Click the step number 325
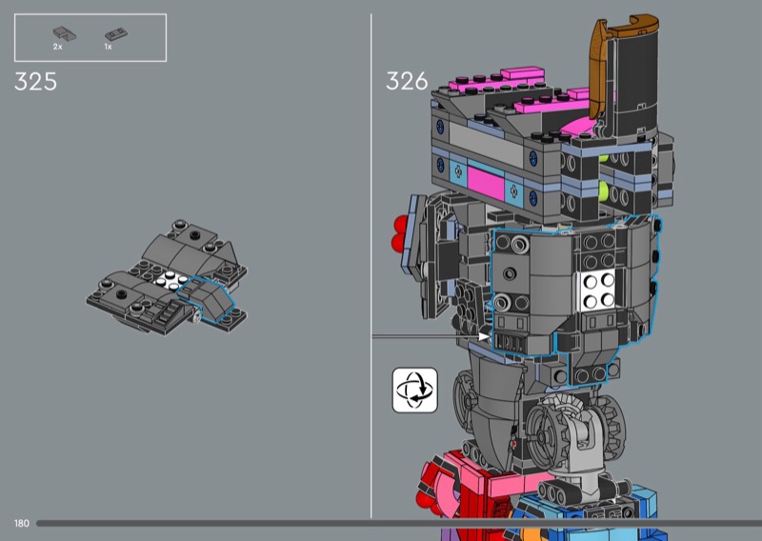[x=35, y=82]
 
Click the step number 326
[x=407, y=81]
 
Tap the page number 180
[x=22, y=523]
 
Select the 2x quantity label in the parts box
[x=58, y=47]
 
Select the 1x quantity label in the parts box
[x=108, y=47]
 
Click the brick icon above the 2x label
[x=64, y=33]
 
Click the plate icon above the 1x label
[x=116, y=34]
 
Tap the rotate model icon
[x=415, y=390]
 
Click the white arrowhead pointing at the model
[x=484, y=336]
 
